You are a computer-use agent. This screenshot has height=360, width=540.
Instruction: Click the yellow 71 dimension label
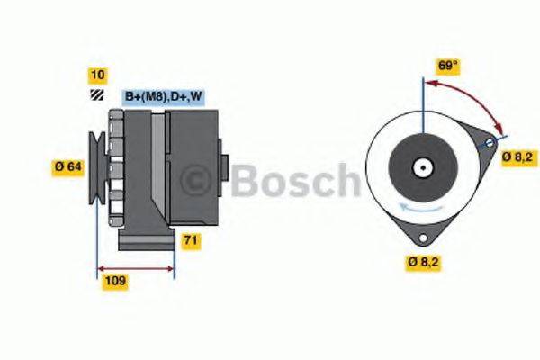click(x=191, y=240)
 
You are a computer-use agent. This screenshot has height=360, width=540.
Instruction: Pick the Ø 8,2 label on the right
click(x=518, y=157)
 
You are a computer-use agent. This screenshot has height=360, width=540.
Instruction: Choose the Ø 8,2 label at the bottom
click(x=422, y=263)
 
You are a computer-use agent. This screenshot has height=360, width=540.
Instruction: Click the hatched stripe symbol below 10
click(x=94, y=95)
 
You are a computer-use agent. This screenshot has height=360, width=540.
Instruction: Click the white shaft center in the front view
click(x=421, y=166)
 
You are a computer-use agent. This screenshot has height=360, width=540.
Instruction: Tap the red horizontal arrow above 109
click(x=135, y=267)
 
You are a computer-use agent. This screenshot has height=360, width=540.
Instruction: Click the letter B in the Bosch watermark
click(x=247, y=181)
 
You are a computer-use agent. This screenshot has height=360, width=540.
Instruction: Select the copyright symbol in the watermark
click(x=200, y=181)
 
